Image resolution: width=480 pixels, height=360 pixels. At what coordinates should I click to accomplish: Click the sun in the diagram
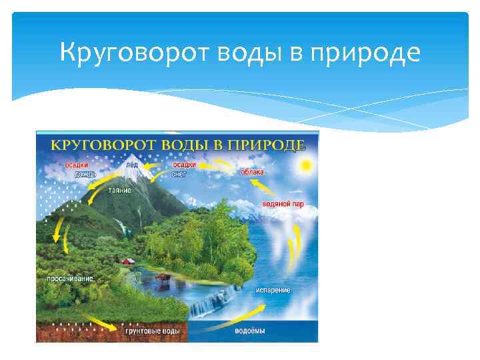(306, 164)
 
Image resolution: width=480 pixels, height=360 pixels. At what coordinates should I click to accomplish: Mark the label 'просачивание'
(70, 277)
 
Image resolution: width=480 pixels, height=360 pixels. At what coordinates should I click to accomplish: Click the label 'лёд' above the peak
(131, 164)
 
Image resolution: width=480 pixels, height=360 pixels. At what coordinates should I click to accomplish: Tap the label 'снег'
(179, 173)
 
